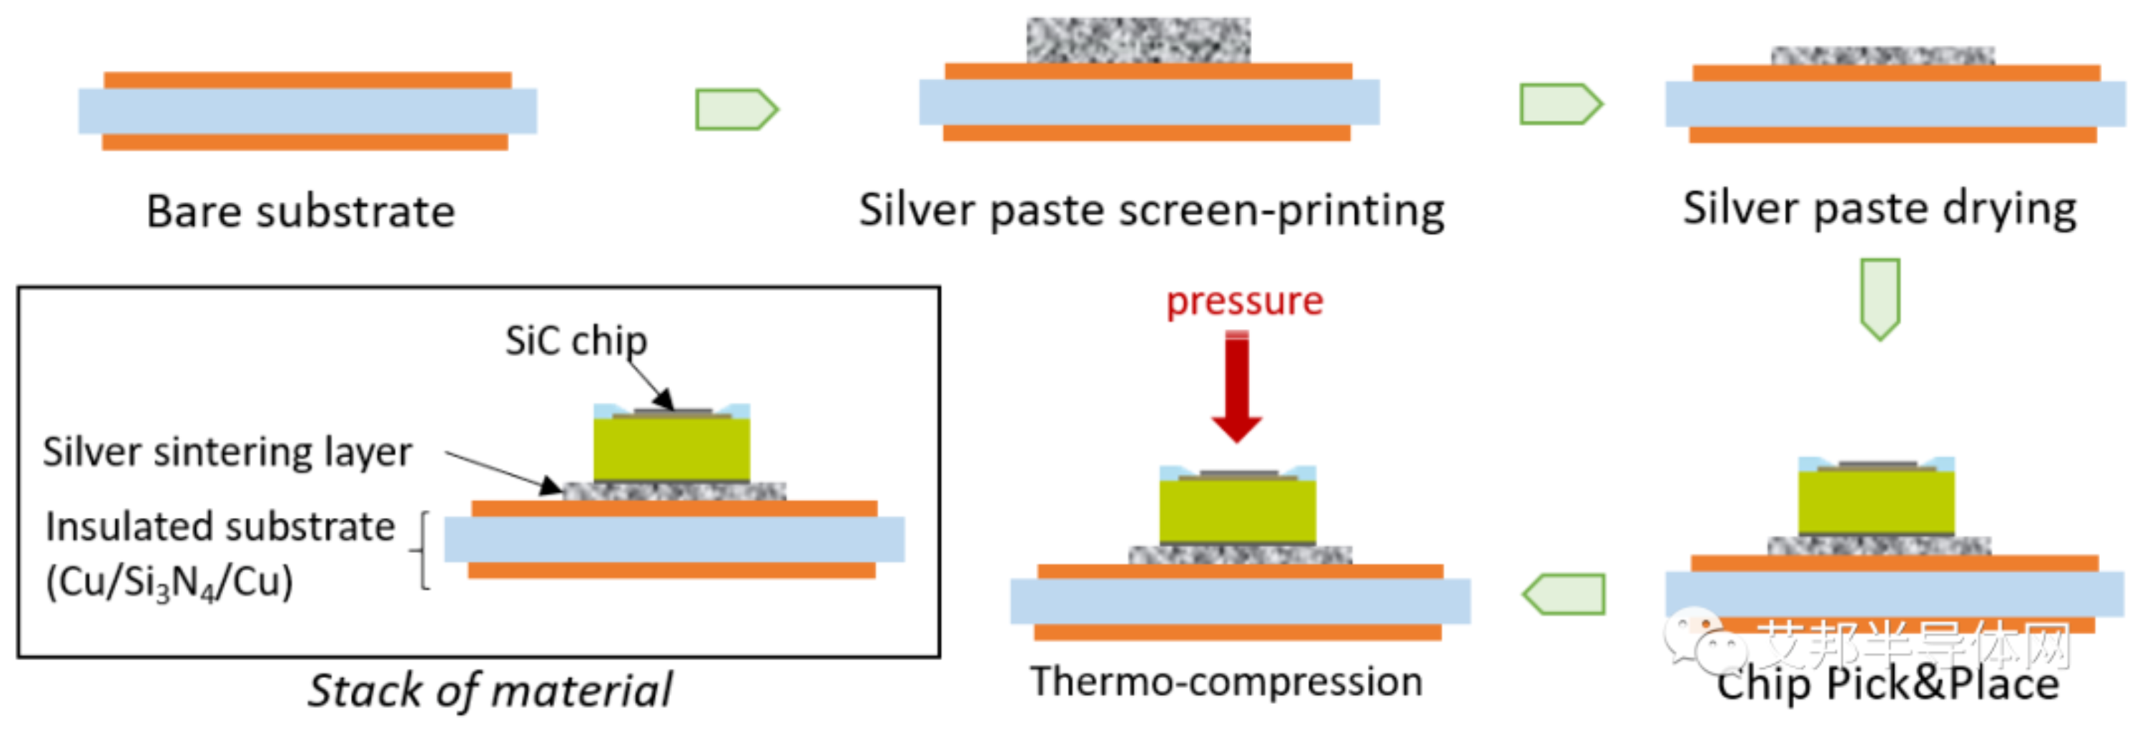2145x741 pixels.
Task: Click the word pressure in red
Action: point(1244,300)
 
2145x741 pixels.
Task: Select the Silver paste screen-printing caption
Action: point(1152,209)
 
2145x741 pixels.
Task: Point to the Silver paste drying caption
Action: point(1879,208)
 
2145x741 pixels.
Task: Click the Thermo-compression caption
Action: point(1226,681)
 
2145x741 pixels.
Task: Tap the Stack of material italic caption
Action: point(490,690)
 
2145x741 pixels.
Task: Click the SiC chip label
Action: point(576,340)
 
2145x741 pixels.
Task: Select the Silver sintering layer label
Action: point(227,452)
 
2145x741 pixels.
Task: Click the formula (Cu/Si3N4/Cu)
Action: point(169,581)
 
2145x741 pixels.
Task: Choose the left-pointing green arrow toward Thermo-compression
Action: point(1563,594)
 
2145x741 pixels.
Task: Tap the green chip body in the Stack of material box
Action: point(671,450)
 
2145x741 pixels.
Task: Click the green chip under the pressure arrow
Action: point(1238,509)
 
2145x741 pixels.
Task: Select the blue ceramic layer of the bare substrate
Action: point(307,111)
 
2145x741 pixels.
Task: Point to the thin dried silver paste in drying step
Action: point(1882,56)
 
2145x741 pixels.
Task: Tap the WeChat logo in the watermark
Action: point(1699,639)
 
